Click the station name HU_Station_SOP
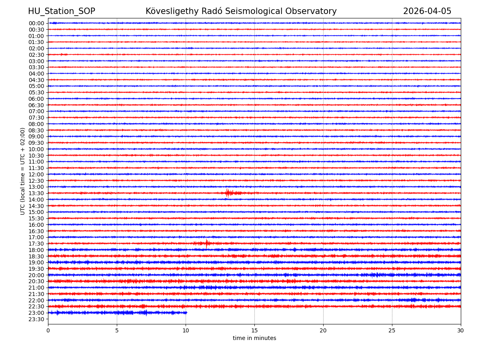click(x=61, y=11)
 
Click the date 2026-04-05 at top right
click(x=427, y=11)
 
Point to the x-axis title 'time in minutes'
click(x=254, y=338)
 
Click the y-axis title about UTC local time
click(x=23, y=171)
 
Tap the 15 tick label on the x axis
click(x=254, y=331)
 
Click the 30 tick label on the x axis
click(x=461, y=331)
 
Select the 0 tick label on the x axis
click(x=48, y=331)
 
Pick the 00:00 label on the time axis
click(x=36, y=23)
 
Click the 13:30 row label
click(x=36, y=193)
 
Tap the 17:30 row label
click(x=36, y=244)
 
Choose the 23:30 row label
click(x=36, y=319)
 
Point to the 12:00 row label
click(x=36, y=174)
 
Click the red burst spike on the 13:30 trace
click(x=227, y=193)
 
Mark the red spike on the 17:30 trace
click(x=206, y=243)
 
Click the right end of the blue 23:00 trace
click(x=186, y=313)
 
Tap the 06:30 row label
click(x=36, y=105)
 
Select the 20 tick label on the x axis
click(x=323, y=331)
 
